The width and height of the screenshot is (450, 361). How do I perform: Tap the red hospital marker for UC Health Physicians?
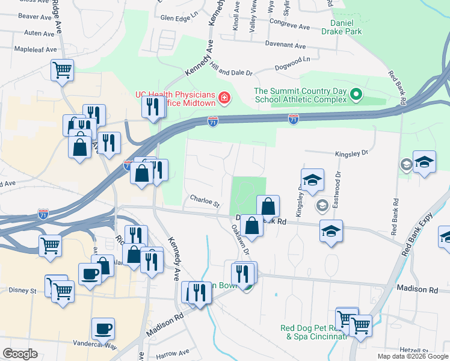224,97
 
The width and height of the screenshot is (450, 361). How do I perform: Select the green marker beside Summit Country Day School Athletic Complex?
356,94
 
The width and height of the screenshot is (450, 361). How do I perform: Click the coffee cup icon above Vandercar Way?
102,329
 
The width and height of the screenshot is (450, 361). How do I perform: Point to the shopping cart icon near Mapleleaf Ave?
62,69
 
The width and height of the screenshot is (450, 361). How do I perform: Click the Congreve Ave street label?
289,27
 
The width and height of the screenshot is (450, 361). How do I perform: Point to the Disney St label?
23,290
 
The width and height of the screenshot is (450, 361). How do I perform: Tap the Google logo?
20,354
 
